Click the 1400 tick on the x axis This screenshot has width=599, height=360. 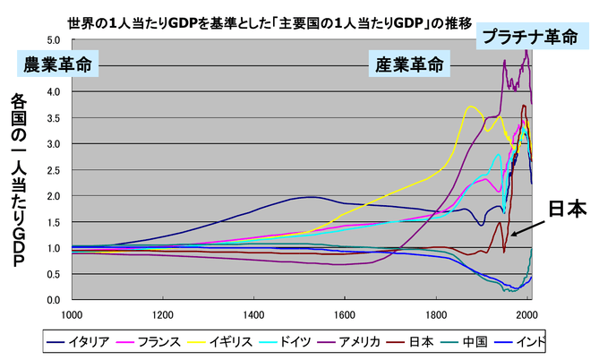(x=253, y=314)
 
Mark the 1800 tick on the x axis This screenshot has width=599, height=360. (x=438, y=314)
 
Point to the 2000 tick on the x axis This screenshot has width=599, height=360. (x=528, y=314)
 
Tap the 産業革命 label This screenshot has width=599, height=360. (x=407, y=65)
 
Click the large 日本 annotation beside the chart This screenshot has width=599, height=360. (x=566, y=210)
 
